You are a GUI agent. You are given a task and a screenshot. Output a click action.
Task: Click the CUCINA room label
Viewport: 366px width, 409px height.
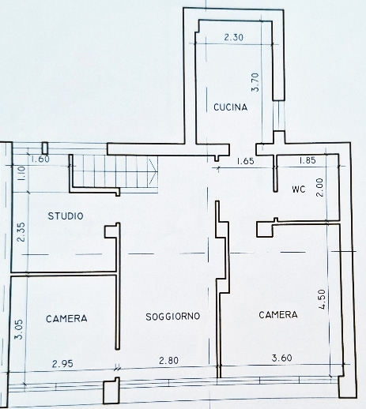[231, 107]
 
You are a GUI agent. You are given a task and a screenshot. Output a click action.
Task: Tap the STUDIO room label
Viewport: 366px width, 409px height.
[66, 216]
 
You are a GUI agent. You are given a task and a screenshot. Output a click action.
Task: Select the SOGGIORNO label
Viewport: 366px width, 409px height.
[173, 317]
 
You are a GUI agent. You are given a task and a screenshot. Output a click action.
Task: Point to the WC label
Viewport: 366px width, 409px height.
[299, 189]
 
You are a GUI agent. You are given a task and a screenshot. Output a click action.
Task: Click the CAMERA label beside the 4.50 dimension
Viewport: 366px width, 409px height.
[278, 315]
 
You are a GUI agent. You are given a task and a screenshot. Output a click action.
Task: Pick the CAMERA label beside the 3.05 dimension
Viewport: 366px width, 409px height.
[66, 319]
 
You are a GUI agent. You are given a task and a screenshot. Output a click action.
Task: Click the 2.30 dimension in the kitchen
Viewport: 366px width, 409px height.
[234, 37]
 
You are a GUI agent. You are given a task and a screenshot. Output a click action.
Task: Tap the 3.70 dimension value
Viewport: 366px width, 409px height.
[255, 82]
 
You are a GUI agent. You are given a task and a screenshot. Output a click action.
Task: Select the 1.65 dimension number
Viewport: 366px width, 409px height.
[245, 161]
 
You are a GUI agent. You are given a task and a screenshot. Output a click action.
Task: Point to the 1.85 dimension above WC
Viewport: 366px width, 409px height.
[308, 160]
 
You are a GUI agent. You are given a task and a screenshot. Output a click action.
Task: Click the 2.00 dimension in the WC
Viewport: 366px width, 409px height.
[319, 188]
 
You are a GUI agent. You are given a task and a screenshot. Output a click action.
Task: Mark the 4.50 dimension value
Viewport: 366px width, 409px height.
[322, 299]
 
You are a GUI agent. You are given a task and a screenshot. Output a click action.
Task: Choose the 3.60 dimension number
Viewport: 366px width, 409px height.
[282, 358]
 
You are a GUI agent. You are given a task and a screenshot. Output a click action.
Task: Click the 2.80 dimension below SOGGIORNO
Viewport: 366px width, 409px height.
[168, 360]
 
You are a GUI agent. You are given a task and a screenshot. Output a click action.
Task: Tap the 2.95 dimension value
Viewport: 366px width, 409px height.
[62, 364]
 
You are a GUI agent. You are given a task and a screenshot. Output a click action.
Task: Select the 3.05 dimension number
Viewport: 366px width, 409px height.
[19, 329]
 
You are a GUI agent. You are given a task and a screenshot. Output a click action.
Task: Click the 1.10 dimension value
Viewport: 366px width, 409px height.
[21, 173]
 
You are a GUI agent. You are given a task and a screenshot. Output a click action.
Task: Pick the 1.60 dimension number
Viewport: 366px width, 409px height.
[40, 159]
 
